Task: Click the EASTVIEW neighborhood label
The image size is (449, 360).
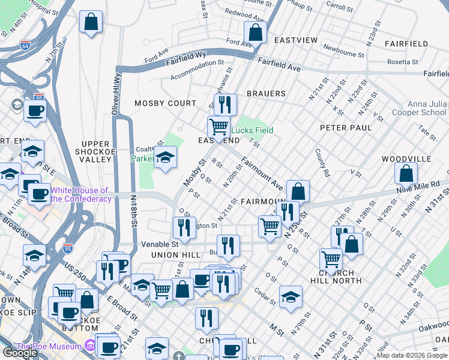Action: [x=295, y=40]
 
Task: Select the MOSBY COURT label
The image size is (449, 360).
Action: [x=165, y=103]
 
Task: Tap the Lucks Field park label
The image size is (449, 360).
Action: [x=252, y=130]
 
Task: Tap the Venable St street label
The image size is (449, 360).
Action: [x=160, y=244]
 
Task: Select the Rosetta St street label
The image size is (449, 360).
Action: [x=403, y=62]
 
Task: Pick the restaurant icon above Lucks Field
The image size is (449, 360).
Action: [x=225, y=104]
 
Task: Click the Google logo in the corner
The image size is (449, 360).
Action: [x=20, y=353]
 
